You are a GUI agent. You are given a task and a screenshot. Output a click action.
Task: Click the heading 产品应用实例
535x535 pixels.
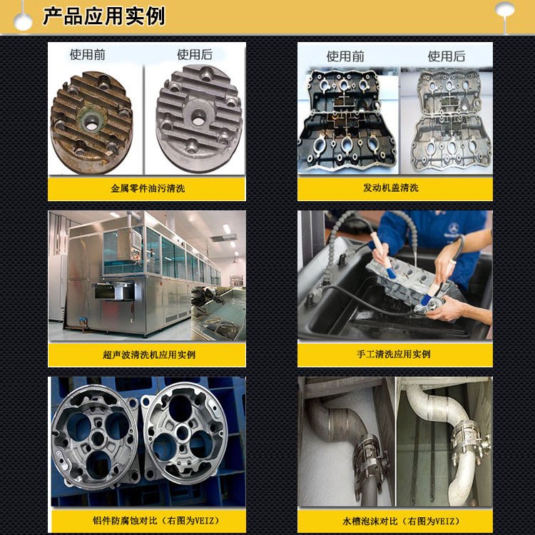tap(103, 16)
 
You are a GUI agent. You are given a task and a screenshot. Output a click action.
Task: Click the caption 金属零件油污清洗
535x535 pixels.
tap(148, 188)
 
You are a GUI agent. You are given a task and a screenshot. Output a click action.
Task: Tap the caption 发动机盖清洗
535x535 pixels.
tap(391, 188)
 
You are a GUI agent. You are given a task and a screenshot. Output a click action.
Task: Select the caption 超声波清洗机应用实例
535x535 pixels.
tap(149, 355)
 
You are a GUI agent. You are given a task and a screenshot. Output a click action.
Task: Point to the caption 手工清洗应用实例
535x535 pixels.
tap(394, 354)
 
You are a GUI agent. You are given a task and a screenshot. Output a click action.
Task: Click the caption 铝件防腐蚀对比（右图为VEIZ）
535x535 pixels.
tap(157, 521)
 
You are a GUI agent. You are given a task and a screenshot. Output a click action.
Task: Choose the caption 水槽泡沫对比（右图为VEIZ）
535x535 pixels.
tap(402, 521)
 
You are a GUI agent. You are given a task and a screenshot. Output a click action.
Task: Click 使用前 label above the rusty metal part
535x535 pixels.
tap(87, 55)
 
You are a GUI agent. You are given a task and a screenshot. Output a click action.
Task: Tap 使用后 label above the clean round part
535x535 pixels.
tap(195, 55)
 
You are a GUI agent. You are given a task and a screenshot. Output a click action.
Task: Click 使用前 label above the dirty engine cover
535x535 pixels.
tap(345, 56)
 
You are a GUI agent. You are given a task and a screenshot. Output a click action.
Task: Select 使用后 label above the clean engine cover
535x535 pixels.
tap(447, 56)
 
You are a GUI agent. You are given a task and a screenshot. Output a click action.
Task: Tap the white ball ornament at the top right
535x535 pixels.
tap(504, 10)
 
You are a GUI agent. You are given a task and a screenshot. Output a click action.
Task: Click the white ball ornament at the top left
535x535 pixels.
tap(23, 21)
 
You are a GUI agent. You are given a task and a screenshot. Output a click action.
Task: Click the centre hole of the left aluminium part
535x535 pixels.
tap(98, 438)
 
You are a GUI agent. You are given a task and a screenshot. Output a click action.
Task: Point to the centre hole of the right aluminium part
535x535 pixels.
tap(182, 432)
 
